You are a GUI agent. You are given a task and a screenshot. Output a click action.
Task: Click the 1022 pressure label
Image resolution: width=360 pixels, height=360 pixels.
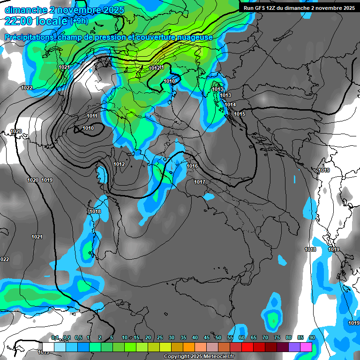coord(27,88)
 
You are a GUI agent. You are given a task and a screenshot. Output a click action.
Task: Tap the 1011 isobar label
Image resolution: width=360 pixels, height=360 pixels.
coord(92,116)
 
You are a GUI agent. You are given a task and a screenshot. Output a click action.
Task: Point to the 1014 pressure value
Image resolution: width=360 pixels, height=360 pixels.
coord(230,105)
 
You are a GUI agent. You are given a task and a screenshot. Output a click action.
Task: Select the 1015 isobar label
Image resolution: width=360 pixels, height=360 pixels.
coord(240,114)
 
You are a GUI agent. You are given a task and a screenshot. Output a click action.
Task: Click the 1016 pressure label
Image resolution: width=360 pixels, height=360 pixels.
coord(192,166)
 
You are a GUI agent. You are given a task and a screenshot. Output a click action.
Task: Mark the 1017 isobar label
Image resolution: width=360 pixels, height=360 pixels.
coord(200,182)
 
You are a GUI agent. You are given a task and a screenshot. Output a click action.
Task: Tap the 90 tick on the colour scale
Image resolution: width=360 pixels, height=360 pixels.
coord(312,337)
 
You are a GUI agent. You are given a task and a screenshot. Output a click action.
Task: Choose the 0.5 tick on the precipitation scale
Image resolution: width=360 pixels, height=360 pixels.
coord(78,337)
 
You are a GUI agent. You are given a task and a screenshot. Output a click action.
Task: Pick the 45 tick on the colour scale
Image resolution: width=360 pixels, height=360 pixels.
coord(207,337)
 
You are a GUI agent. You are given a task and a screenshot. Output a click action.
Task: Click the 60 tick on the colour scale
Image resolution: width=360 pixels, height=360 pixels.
coord(242,337)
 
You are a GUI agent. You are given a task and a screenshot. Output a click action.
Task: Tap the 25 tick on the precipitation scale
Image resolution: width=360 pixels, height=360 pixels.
coord(160,337)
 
